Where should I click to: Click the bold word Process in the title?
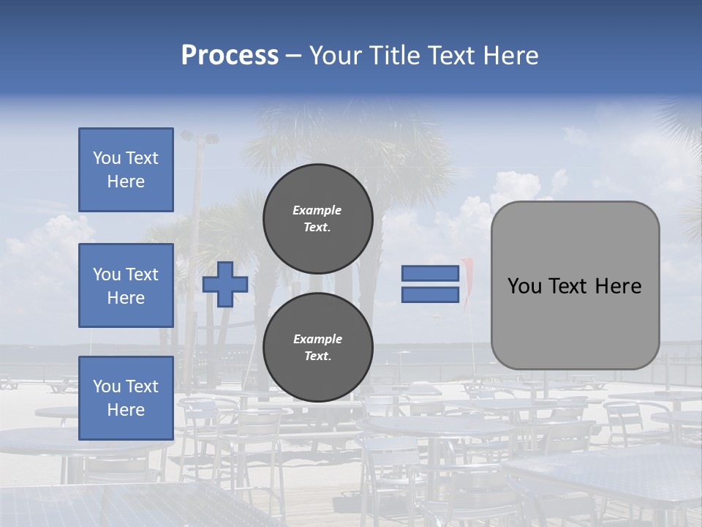pos(230,56)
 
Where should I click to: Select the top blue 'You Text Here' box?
pos(126,170)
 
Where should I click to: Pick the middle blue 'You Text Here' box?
pos(126,285)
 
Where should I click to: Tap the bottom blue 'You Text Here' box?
pos(126,398)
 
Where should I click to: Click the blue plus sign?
pos(225,285)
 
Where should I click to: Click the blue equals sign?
pos(430,284)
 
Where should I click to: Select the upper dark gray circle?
pos(318,218)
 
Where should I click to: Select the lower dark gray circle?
pos(318,347)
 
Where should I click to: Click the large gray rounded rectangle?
pos(575,285)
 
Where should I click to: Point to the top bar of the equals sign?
pos(430,274)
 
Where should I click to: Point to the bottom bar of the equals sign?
pos(430,294)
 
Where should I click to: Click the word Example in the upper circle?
pos(317,210)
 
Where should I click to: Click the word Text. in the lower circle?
pos(317,356)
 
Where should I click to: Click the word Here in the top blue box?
pos(126,182)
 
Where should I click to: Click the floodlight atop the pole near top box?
pos(199,137)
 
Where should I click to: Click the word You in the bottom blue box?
pos(106,386)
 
